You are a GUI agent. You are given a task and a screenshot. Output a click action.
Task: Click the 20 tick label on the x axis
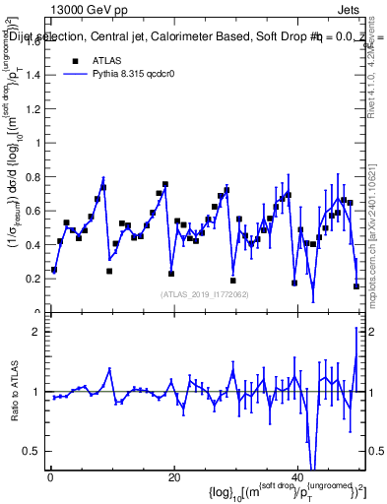(173, 478)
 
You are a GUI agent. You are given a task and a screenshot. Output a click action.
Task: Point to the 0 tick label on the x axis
(50, 478)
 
